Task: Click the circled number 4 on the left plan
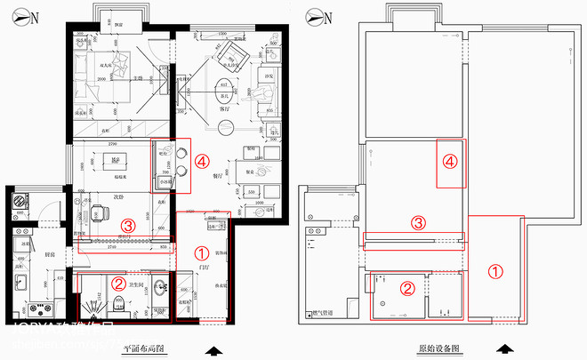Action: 203,163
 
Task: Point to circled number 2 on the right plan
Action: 407,288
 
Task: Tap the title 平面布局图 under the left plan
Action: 144,348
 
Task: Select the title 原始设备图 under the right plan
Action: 438,348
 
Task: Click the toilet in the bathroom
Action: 119,307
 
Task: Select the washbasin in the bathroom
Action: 158,289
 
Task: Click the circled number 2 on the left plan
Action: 118,284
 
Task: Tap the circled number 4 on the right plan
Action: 451,162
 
